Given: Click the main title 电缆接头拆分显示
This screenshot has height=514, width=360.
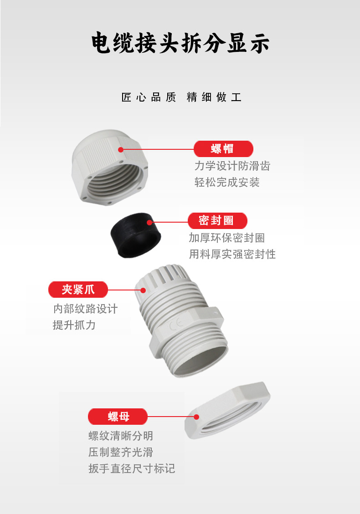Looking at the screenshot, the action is coord(180,43).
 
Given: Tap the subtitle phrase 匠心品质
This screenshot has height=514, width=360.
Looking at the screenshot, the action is coord(149,97).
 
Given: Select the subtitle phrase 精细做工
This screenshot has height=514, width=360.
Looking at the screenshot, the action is coord(214,97).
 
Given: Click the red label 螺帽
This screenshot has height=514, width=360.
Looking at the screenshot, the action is coord(223,149).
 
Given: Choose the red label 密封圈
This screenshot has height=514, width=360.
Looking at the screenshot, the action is coord(217,221).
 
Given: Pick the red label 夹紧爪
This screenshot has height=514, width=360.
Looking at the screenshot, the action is coord(78,290).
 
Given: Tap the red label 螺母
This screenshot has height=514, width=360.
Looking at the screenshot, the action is coord(118,417).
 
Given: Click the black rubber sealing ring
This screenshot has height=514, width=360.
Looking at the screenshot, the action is coord(135,235).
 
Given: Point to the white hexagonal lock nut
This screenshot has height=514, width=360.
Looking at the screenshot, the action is coord(227,410).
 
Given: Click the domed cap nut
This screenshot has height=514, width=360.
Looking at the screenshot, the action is coord(110,167).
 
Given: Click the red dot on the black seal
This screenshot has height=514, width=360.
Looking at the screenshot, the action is coord(149,223).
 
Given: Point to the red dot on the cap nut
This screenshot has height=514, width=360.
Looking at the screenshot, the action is coord(121,150).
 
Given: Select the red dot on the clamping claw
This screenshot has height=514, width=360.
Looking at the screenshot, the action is coord(143,290).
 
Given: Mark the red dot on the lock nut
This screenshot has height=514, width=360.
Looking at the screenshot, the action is coord(196,417).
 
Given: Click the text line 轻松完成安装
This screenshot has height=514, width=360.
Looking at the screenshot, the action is coord(227,182).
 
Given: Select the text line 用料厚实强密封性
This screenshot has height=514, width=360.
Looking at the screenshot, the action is coord(232,254).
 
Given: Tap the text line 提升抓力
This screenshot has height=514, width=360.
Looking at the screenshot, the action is coord(74,325).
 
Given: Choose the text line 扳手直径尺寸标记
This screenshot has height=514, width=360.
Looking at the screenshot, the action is coord(132,468).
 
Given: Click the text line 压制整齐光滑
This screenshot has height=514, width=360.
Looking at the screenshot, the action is coord(121,453).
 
